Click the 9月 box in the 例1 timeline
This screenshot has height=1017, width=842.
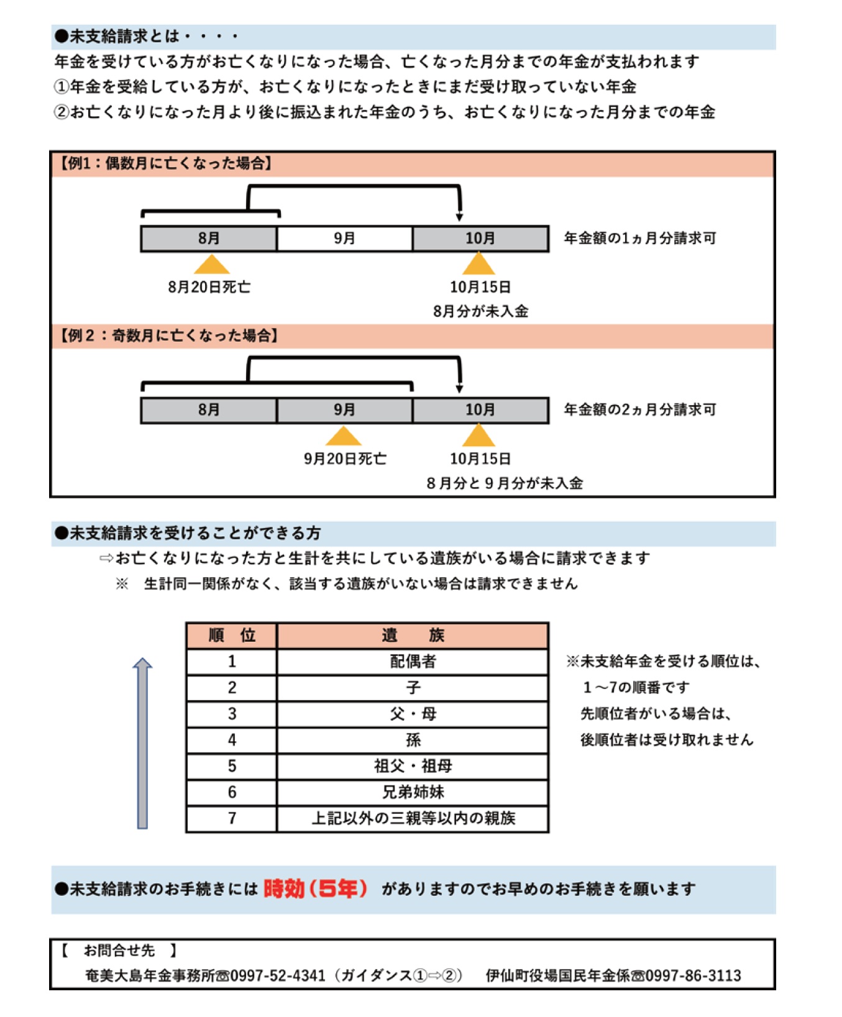point(344,239)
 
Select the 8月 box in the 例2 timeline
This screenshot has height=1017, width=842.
point(209,410)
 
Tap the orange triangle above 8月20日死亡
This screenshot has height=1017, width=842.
point(211,264)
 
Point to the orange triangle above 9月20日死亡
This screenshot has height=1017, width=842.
point(343,436)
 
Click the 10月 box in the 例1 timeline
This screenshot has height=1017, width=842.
point(480,239)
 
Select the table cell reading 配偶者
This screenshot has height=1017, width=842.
point(413,662)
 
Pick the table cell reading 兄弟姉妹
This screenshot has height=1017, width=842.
point(413,792)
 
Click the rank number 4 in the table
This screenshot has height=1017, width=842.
point(232,740)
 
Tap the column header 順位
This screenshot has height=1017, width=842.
point(232,636)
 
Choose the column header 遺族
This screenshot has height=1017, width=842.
point(413,636)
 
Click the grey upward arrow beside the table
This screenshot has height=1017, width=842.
point(142,743)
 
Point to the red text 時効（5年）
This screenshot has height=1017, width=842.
point(315,889)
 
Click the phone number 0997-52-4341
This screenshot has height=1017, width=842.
point(278,975)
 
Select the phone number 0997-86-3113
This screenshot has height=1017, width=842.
point(693,975)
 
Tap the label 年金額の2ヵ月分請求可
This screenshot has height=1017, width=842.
point(639,410)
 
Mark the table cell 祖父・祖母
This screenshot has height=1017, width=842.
point(413,766)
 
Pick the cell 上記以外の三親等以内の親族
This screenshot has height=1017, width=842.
point(413,818)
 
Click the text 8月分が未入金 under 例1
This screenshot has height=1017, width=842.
point(480,311)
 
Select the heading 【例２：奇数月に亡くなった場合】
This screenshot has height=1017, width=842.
point(168,335)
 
